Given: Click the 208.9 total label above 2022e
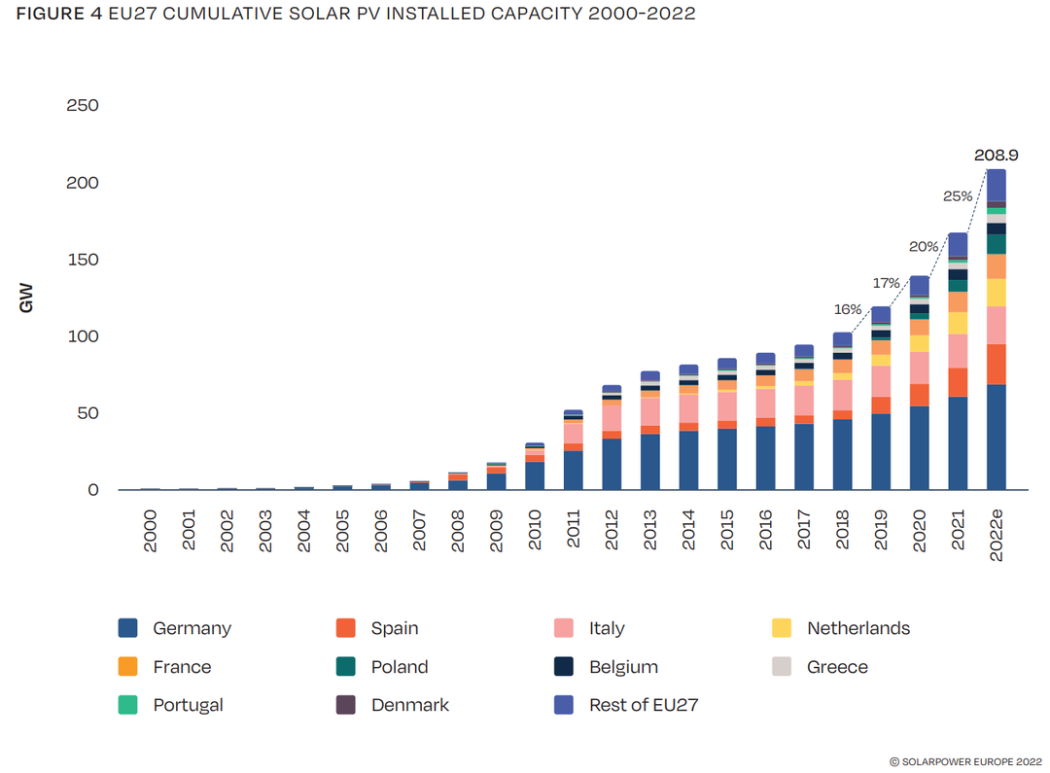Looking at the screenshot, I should pyautogui.click(x=997, y=155).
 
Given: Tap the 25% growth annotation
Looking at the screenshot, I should pyautogui.click(x=958, y=196).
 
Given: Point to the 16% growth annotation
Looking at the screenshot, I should pyautogui.click(x=848, y=309).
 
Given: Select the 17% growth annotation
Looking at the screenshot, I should pyautogui.click(x=886, y=283).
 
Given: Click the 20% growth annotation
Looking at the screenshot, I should pyautogui.click(x=924, y=247).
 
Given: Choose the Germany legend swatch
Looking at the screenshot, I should pyautogui.click(x=128, y=628).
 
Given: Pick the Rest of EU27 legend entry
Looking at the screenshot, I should pyautogui.click(x=644, y=705).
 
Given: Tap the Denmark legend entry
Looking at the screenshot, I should pyautogui.click(x=409, y=705).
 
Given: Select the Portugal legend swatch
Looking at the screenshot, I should pyautogui.click(x=128, y=705).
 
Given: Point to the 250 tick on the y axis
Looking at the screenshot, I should pyautogui.click(x=82, y=105).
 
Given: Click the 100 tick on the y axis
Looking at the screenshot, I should pyautogui.click(x=82, y=336).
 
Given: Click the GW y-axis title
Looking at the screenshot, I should pyautogui.click(x=26, y=298).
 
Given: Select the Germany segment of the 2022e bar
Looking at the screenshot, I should pyautogui.click(x=997, y=438).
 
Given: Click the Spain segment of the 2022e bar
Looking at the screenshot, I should pyautogui.click(x=997, y=365).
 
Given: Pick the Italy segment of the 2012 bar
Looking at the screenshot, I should pyautogui.click(x=612, y=417).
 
